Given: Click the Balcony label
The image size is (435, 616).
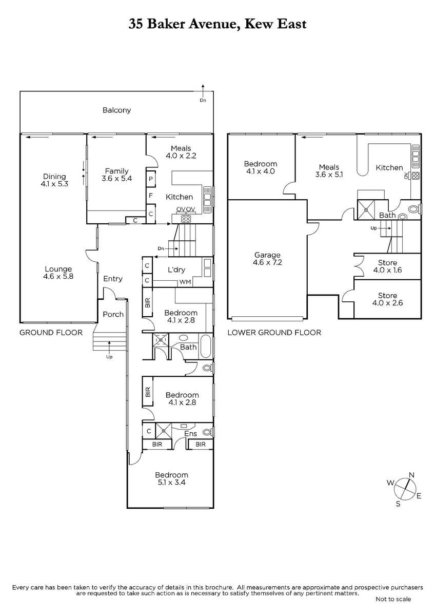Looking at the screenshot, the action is [x=116, y=110].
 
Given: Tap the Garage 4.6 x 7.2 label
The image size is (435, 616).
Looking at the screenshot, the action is [x=267, y=259].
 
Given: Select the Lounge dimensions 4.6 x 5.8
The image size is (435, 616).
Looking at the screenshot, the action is [x=58, y=276].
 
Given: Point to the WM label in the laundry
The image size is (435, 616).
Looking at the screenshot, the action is [x=185, y=282].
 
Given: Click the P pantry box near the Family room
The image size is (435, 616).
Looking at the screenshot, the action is [x=151, y=179].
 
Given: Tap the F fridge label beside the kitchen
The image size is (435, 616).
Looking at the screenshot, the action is [x=151, y=196].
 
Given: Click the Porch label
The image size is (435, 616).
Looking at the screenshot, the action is [x=113, y=314].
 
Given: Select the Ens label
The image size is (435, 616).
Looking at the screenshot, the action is [x=190, y=434].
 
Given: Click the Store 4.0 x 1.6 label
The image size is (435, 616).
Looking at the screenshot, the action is [x=387, y=266].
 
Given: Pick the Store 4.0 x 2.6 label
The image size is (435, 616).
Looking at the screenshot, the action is [x=387, y=299].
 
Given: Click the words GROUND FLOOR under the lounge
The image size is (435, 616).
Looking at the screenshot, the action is [x=51, y=333].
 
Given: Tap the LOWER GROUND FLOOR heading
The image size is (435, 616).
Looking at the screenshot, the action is [x=274, y=333].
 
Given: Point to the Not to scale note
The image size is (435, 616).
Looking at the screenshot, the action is [x=393, y=599].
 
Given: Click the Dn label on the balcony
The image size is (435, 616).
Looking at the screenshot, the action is [x=203, y=101].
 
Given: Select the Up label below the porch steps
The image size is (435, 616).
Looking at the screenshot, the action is [x=109, y=357].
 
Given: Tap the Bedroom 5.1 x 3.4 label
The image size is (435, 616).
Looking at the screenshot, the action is [x=171, y=478].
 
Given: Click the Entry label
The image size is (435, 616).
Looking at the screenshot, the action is [x=113, y=279].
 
